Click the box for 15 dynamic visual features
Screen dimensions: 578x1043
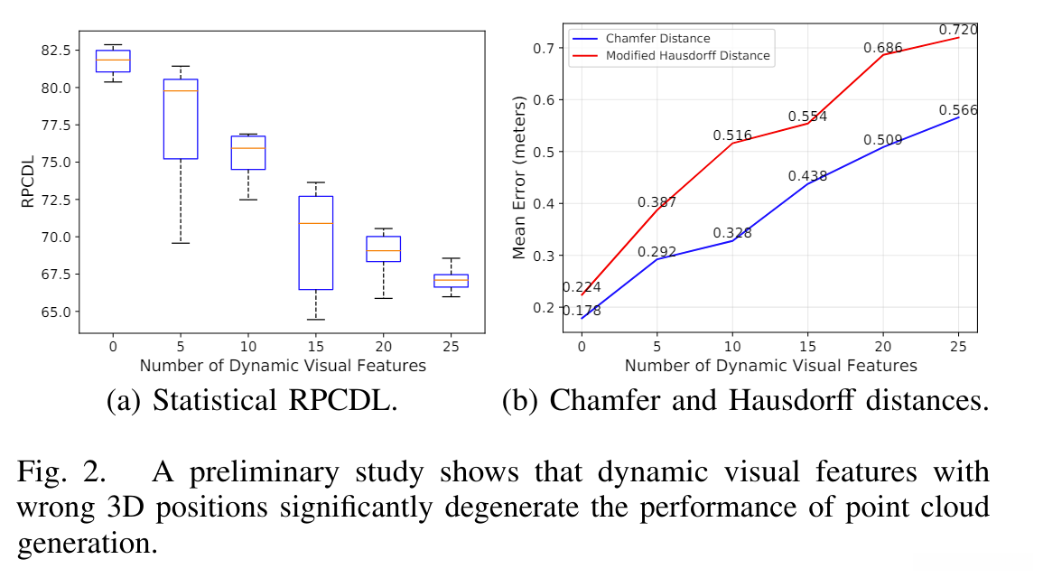tap(315, 242)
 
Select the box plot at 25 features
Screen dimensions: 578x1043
tap(451, 280)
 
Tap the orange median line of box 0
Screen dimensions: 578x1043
tap(113, 60)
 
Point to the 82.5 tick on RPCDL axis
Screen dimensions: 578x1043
tap(50, 51)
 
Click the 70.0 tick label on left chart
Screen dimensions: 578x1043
tap(50, 237)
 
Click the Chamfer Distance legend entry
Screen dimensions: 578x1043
tap(657, 39)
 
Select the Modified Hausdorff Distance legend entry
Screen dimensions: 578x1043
tap(687, 56)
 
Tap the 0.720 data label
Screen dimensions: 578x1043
tap(958, 30)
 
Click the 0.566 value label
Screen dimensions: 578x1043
tap(958, 110)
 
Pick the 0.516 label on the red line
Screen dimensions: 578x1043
tap(731, 135)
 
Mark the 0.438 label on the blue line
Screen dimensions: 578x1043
tap(807, 176)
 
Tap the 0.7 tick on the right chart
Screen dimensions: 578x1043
tap(544, 48)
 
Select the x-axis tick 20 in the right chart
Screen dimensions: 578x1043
tap(883, 345)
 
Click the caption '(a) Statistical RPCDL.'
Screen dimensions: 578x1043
tap(252, 400)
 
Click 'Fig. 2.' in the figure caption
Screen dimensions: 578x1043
tap(52, 471)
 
